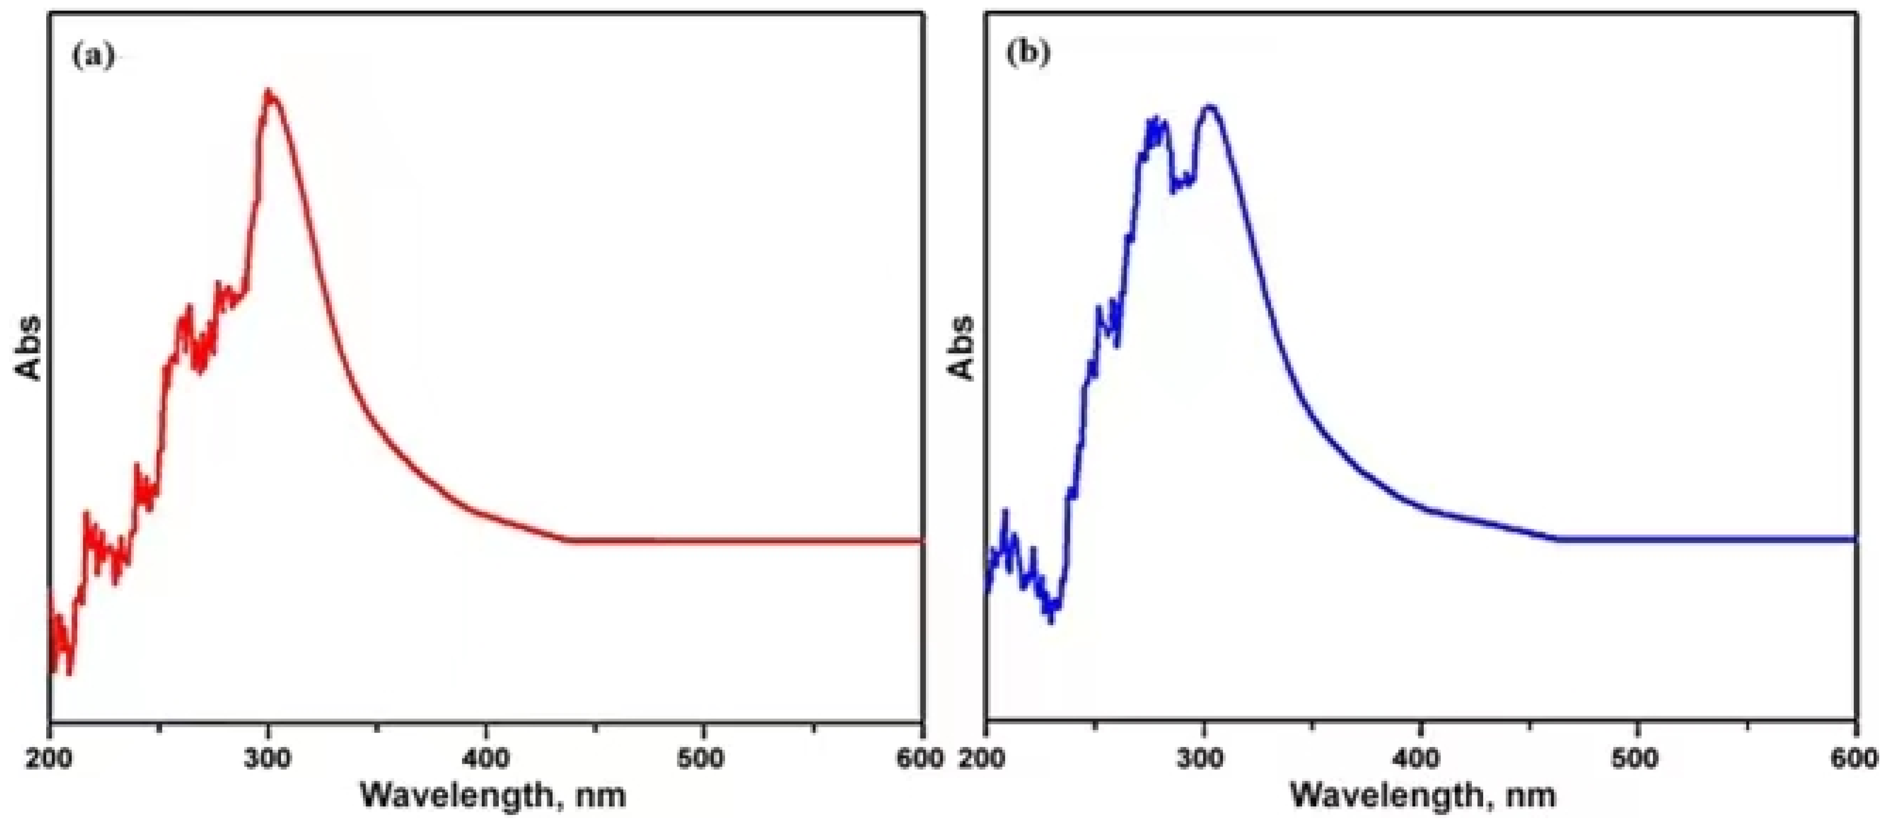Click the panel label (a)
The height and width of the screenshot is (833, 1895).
pyautogui.click(x=93, y=56)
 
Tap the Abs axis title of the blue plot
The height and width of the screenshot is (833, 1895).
pyautogui.click(x=961, y=349)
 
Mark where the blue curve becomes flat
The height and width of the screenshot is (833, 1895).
pyautogui.click(x=1557, y=539)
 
